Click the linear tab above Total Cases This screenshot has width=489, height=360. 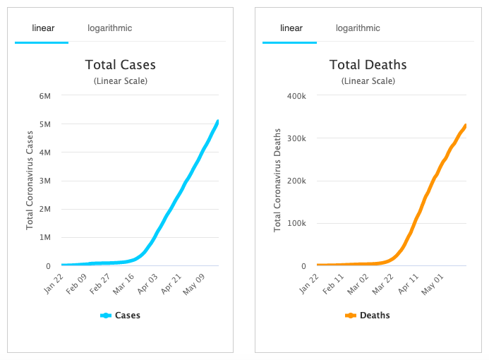click(43, 28)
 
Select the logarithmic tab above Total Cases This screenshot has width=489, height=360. click(109, 28)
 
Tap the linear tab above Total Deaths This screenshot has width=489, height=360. click(291, 28)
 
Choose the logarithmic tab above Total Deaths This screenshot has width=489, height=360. click(357, 28)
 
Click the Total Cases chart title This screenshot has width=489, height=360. click(120, 65)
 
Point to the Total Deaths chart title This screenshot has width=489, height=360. click(368, 65)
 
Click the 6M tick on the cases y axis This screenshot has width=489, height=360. click(44, 95)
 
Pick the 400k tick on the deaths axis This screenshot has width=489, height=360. click(294, 95)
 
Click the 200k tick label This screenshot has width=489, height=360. click(294, 181)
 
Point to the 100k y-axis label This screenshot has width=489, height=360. click(294, 224)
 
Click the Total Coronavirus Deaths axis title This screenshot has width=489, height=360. click(277, 180)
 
